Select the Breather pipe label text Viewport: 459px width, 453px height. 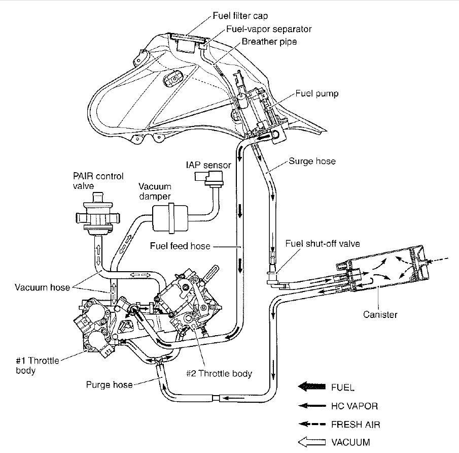pyautogui.click(x=269, y=42)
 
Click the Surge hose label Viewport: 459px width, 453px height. pyautogui.click(x=311, y=162)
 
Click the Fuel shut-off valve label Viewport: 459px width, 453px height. pyautogui.click(x=322, y=244)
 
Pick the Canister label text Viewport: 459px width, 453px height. pyautogui.click(x=380, y=314)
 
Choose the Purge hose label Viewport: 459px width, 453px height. pyautogui.click(x=110, y=385)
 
